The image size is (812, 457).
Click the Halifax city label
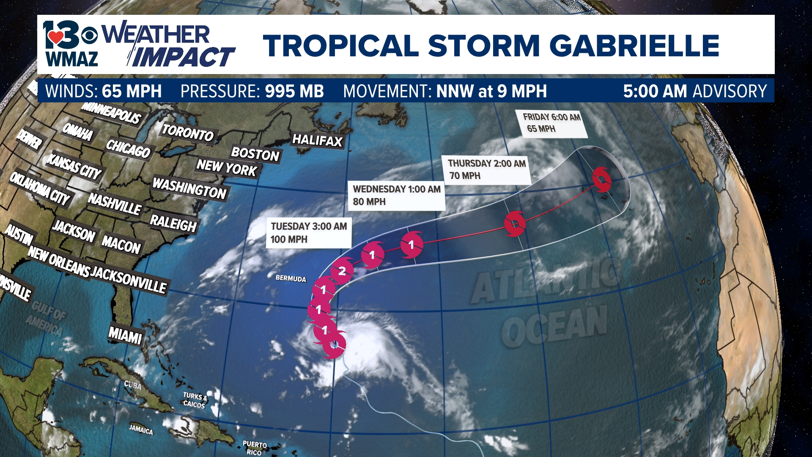click(317, 140)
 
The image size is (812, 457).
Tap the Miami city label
click(125, 336)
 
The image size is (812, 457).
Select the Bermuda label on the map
click(291, 278)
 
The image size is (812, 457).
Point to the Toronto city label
click(188, 133)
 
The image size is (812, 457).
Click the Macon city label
click(121, 244)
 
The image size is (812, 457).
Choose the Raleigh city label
click(173, 223)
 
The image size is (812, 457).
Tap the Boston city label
click(255, 154)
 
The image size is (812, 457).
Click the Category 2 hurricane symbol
click(342, 271)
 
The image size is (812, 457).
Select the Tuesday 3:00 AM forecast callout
click(309, 233)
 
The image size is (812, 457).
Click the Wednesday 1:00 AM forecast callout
click(396, 195)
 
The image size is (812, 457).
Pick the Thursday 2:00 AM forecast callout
click(486, 169)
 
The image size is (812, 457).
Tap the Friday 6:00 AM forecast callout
click(551, 123)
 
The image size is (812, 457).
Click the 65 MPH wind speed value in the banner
click(132, 91)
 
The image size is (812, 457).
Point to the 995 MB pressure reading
click(294, 91)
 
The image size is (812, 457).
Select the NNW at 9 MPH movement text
click(491, 91)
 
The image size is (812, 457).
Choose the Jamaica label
click(141, 430)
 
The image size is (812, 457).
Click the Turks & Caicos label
click(195, 400)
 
